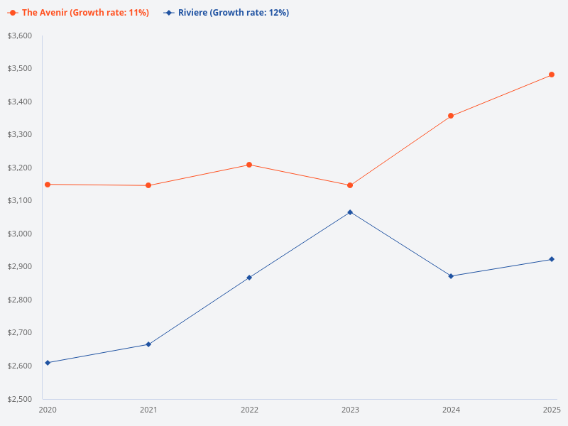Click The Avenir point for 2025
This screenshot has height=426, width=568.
[x=552, y=75]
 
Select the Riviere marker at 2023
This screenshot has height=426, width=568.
[x=350, y=212]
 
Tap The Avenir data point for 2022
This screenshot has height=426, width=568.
[x=249, y=165]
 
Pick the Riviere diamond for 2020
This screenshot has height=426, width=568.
[x=48, y=363]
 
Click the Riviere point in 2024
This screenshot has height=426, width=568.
[x=451, y=276]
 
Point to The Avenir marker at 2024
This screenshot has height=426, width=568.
[x=451, y=116]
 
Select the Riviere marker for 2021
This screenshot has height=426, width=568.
[x=148, y=344]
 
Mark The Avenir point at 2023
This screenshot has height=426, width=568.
[x=350, y=185]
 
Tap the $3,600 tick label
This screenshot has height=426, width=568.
[x=20, y=36]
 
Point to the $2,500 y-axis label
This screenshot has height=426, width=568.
[x=20, y=399]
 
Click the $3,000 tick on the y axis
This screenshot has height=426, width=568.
[x=20, y=234]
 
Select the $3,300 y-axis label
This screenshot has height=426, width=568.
[x=20, y=135]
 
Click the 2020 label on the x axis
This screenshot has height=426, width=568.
[x=48, y=410]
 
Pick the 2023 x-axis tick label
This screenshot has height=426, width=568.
[x=350, y=410]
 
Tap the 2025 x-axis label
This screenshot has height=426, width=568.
[x=552, y=410]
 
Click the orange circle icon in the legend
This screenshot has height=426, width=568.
[x=13, y=13]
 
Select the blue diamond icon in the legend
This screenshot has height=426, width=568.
[x=169, y=13]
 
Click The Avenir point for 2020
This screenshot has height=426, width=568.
[x=48, y=185]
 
